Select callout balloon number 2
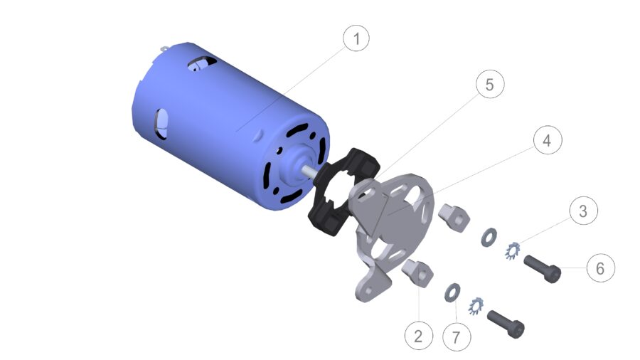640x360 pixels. (419, 335)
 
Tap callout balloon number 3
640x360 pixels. (583, 211)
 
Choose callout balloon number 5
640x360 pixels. (489, 85)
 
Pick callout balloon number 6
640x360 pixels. (600, 268)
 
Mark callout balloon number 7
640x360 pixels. (456, 335)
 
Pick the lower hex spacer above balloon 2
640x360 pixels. (417, 272)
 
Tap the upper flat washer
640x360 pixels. (489, 235)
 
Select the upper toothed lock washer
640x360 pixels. (513, 250)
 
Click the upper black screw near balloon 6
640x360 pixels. (544, 268)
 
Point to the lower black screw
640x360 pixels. (506, 324)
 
